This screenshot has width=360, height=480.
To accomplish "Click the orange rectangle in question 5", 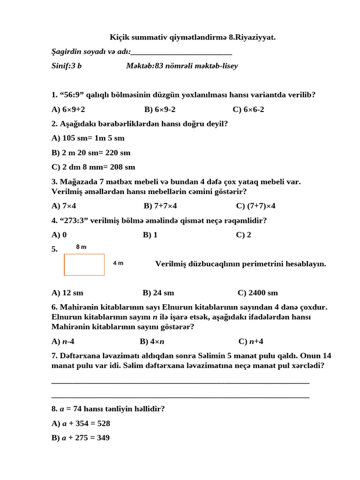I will point(84,264).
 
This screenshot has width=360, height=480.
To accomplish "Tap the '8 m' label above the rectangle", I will point(81,247).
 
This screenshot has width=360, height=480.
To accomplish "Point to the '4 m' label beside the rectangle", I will point(118,263).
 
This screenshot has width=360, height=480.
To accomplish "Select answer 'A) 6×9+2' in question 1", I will point(68,109).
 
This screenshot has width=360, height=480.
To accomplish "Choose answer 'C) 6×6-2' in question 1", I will point(248,109).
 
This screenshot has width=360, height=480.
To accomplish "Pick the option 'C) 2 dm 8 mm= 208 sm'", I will point(93,167).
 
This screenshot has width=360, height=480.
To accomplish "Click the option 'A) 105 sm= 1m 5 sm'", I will point(88,138).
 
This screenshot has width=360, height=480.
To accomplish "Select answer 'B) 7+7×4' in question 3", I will point(160,206).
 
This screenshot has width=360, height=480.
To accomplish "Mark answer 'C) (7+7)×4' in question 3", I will point(256,206).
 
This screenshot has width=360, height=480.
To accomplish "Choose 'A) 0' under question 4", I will point(59,235).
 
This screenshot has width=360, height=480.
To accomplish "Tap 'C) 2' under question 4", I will point(244,235).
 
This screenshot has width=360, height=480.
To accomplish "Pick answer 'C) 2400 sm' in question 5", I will point(258,293).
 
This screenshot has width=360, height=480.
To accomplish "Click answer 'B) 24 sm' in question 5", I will point(158,293).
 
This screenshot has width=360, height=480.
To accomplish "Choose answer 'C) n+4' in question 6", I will point(251,341).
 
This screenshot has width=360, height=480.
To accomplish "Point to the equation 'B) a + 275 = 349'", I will point(81,438).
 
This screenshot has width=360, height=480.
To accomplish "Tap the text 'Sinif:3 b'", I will point(67,66).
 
